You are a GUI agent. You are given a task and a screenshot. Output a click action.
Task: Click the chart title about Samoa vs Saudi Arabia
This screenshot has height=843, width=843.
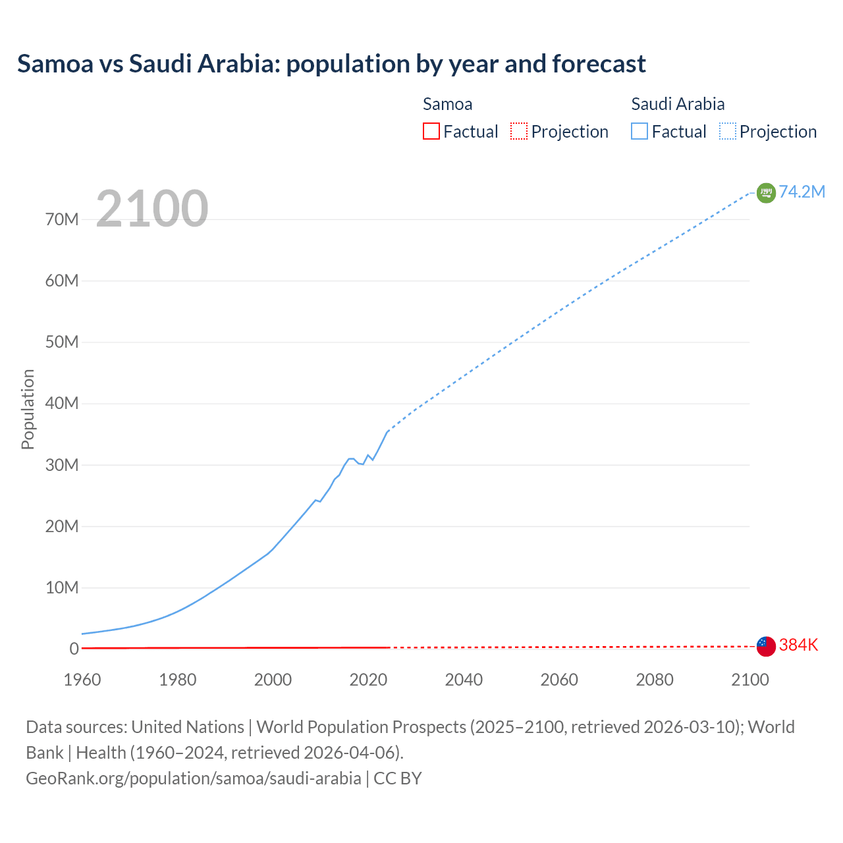click(x=331, y=64)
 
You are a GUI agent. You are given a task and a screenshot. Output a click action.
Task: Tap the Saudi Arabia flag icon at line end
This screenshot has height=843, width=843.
click(x=766, y=192)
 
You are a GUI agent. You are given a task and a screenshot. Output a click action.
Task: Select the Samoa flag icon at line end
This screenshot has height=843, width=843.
click(x=766, y=646)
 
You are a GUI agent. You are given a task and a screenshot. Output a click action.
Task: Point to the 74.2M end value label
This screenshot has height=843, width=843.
click(x=802, y=192)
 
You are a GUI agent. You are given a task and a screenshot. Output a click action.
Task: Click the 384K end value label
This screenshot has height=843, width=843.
click(x=798, y=645)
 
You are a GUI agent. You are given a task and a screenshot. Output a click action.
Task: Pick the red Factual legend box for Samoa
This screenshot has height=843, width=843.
click(x=431, y=132)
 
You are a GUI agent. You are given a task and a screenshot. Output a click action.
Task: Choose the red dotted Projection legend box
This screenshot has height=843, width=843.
click(x=519, y=132)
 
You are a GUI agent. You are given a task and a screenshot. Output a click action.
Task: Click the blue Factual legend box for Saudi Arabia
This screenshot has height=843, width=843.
click(x=639, y=132)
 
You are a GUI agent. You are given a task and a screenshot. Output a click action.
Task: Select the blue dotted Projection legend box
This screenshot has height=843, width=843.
click(x=728, y=132)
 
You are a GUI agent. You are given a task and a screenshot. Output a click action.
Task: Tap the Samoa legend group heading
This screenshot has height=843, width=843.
click(x=447, y=104)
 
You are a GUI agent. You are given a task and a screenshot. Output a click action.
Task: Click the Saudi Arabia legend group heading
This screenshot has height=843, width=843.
click(x=678, y=104)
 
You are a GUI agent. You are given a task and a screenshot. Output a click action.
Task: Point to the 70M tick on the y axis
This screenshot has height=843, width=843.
click(x=62, y=219)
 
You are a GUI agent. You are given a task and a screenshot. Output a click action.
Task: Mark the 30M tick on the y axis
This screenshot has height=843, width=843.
click(x=62, y=465)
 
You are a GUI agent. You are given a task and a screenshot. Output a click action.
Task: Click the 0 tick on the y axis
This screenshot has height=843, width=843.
click(x=74, y=649)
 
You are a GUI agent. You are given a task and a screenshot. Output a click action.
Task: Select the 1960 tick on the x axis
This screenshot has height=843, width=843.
click(x=82, y=680)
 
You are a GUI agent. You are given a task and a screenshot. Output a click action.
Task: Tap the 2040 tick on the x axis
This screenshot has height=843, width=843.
click(x=464, y=680)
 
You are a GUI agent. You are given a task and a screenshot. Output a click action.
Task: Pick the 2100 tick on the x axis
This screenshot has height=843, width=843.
click(x=749, y=680)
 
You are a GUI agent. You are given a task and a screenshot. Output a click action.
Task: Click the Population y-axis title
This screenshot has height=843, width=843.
click(x=28, y=409)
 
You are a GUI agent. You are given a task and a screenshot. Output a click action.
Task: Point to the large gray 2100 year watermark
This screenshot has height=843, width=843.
click(x=152, y=209)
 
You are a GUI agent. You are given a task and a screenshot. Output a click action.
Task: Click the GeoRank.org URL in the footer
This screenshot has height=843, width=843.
click(x=193, y=778)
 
